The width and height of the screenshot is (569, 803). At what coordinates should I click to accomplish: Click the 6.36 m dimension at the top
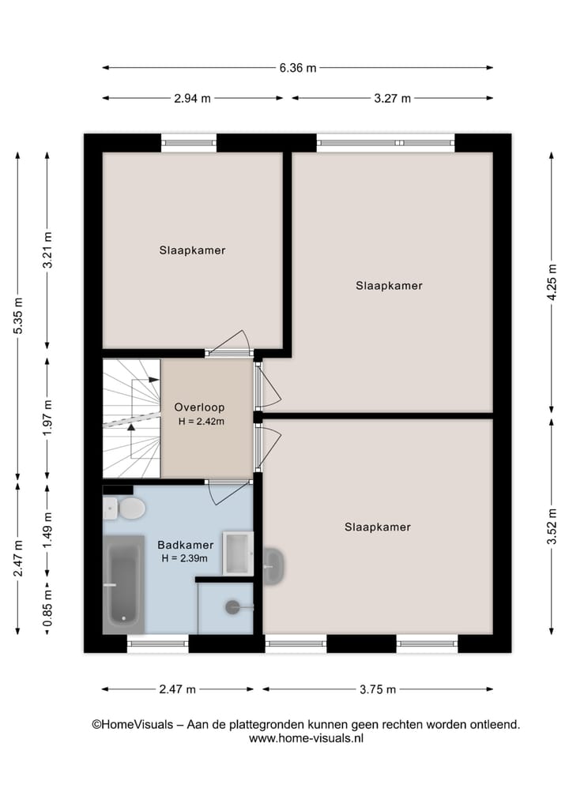point(297,68)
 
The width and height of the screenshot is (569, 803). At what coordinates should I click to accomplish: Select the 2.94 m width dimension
point(193,99)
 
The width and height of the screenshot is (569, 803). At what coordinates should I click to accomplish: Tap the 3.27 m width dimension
point(393,99)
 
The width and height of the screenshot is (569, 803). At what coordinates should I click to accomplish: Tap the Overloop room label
point(199,407)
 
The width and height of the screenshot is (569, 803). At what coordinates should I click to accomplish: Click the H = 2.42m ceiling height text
point(202,422)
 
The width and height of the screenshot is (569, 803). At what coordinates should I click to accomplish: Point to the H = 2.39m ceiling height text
point(184,558)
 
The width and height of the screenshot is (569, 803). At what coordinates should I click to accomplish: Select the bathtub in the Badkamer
point(123,584)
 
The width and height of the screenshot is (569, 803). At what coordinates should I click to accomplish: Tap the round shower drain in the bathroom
point(232,607)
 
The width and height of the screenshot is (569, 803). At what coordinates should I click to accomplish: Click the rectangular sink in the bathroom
point(237,553)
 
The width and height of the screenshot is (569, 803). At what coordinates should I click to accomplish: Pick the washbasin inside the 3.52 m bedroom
point(273,566)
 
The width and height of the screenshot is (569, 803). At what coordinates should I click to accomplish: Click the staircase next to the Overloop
point(131,418)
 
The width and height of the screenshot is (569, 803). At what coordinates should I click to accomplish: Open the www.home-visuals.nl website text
point(306,739)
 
